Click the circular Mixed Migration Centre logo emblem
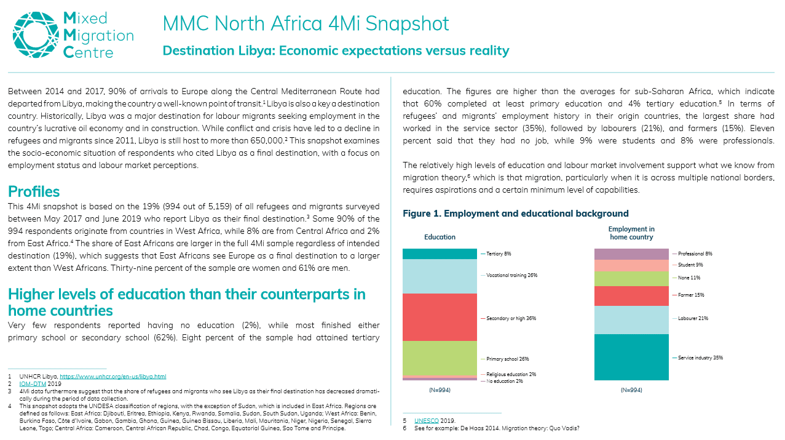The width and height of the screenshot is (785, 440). [x=36, y=34]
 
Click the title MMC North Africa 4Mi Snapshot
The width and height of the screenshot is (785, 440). [x=306, y=23]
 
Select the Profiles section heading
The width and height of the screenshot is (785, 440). [x=34, y=191]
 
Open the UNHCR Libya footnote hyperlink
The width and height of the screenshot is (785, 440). [x=113, y=377]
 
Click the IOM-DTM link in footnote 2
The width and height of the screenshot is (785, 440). [x=33, y=384]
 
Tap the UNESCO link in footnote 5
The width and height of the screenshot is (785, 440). [x=426, y=420]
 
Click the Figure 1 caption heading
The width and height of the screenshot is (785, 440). [x=516, y=214]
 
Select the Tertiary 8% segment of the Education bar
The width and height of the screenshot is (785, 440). [x=440, y=254]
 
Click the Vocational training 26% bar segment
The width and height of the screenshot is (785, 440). [x=440, y=276]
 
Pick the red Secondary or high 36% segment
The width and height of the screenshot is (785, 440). [x=440, y=317]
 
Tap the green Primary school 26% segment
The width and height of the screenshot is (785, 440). [x=440, y=358]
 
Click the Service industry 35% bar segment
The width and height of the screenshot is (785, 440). [x=631, y=357]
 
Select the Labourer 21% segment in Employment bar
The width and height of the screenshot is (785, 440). [x=631, y=320]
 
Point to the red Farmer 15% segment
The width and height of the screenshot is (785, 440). [x=631, y=296]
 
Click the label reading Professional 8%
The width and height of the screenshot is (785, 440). [x=695, y=254]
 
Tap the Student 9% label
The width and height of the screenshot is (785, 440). [x=690, y=265]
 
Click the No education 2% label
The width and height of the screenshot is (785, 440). [x=504, y=381]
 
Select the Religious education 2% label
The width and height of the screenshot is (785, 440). [x=511, y=374]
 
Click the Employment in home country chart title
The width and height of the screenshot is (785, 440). [x=631, y=233]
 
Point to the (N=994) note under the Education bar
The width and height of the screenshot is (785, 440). [x=440, y=390]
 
